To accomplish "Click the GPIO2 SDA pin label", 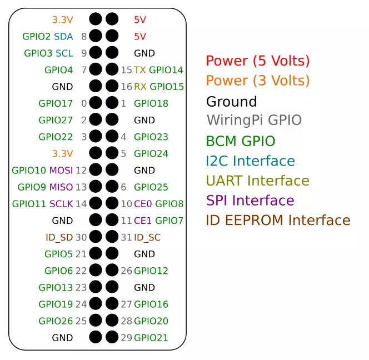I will (48, 37).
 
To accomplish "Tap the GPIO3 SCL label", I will (48, 53).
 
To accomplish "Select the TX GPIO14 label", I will (158, 70).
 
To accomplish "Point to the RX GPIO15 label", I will (158, 87).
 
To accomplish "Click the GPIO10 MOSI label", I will (42, 170).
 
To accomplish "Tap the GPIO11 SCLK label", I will (42, 204).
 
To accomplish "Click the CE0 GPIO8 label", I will (158, 204).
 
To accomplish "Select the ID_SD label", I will (59, 237).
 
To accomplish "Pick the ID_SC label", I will (147, 237).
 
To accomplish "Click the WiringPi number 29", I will (126, 338).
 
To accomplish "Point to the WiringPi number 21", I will (81, 254).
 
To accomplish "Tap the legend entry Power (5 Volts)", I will (258, 61).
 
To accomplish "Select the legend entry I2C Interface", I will (250, 161).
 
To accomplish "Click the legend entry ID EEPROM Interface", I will (278, 221).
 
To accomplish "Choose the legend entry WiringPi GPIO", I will (254, 120).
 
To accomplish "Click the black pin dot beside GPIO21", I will (112, 337).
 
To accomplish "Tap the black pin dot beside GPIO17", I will (96, 103).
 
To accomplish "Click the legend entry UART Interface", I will (257, 181).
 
